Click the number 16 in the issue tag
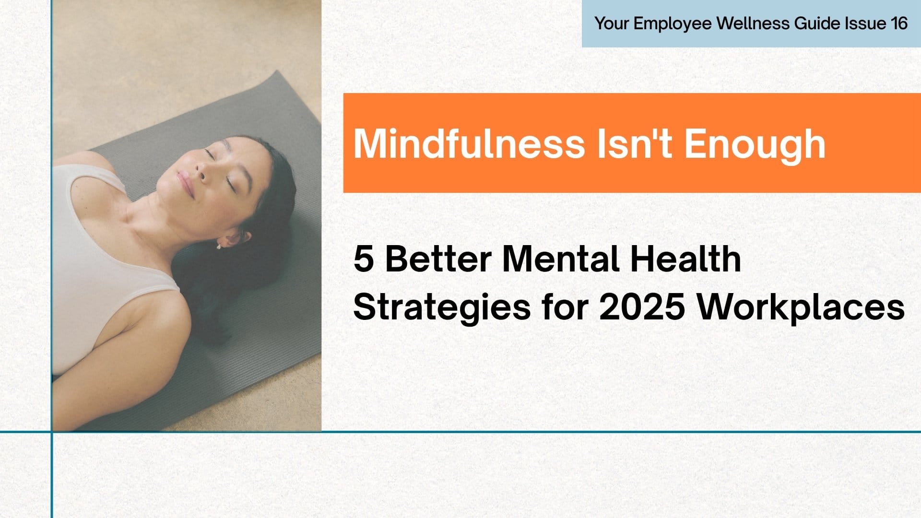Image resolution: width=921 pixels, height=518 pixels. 899,24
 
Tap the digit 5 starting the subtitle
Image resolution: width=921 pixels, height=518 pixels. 363,259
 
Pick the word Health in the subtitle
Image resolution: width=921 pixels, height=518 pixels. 685,259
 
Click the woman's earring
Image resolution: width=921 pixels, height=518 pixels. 219,247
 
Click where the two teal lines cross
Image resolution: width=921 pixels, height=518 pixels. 51,432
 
